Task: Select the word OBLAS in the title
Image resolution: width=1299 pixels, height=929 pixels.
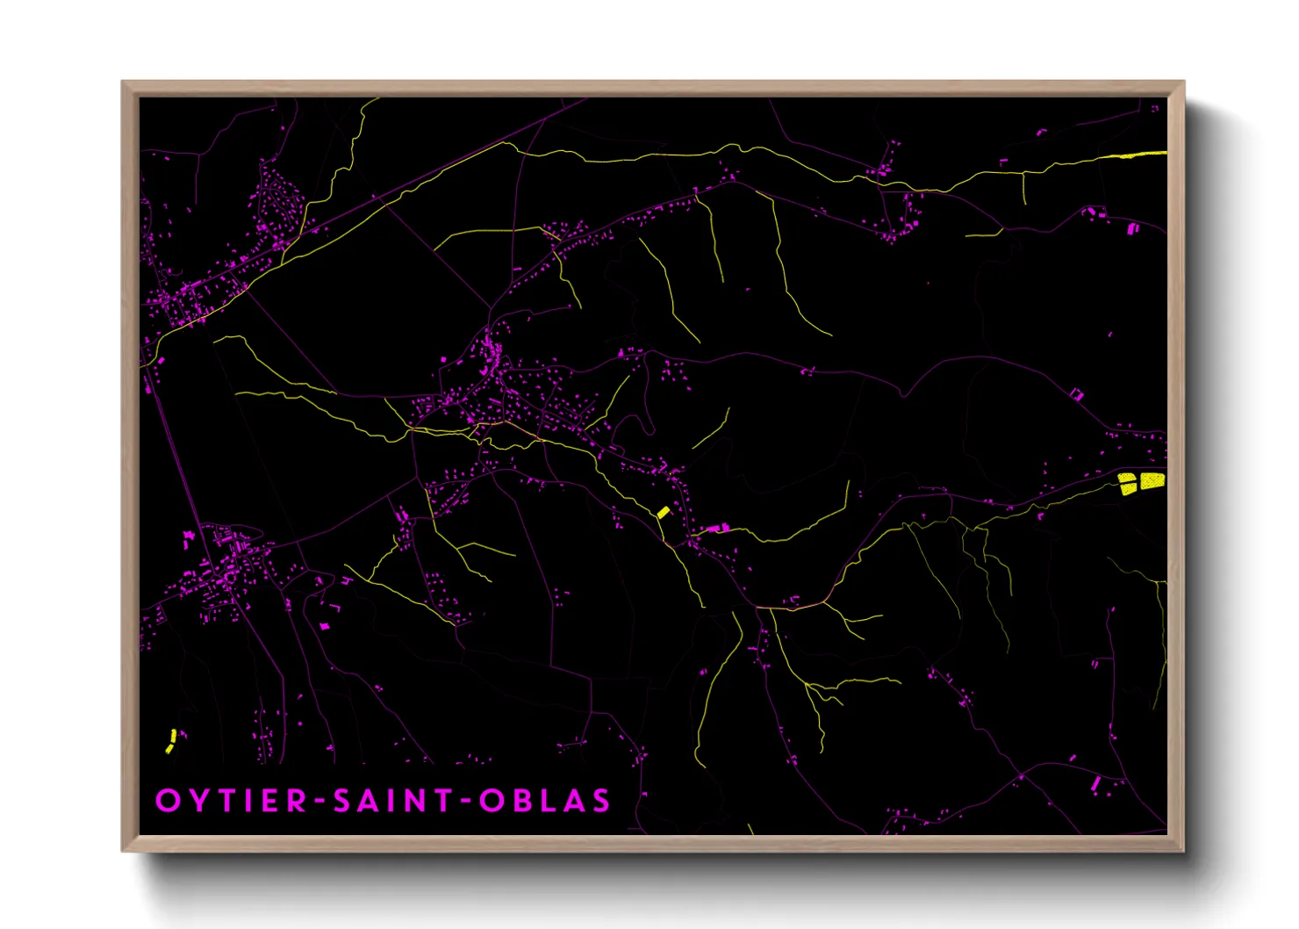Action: pos(544,801)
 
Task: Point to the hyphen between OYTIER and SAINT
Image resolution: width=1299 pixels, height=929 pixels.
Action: pos(320,801)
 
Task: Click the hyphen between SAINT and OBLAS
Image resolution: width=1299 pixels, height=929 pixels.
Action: pos(466,801)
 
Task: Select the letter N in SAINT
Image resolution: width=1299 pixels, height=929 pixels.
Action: pos(417,801)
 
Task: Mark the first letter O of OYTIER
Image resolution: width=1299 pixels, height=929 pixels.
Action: pos(167,801)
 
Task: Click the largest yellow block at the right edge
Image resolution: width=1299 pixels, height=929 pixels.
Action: pos(1152,480)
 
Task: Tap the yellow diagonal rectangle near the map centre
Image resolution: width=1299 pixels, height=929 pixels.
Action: pos(664,511)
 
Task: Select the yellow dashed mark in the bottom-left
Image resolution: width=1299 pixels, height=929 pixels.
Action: pos(171,740)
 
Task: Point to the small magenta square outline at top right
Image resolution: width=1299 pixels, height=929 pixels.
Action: pos(1155,108)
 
